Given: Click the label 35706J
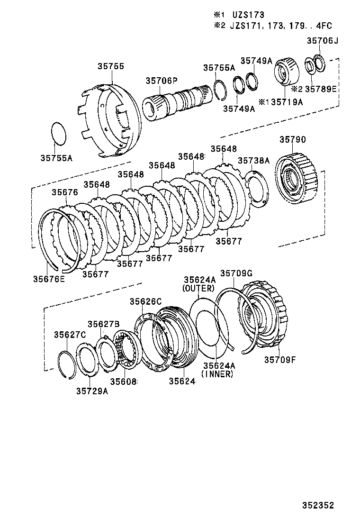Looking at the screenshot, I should (x=323, y=41).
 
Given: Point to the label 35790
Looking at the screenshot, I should (x=292, y=139).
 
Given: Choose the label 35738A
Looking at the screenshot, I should (x=253, y=161).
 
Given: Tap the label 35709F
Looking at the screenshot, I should (x=279, y=359).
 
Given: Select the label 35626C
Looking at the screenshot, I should (x=146, y=301).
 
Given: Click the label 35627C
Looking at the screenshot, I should (x=69, y=335).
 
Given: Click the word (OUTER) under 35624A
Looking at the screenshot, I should (x=199, y=288).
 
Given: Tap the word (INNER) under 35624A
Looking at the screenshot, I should (x=217, y=374).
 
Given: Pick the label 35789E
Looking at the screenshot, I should (x=320, y=89).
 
